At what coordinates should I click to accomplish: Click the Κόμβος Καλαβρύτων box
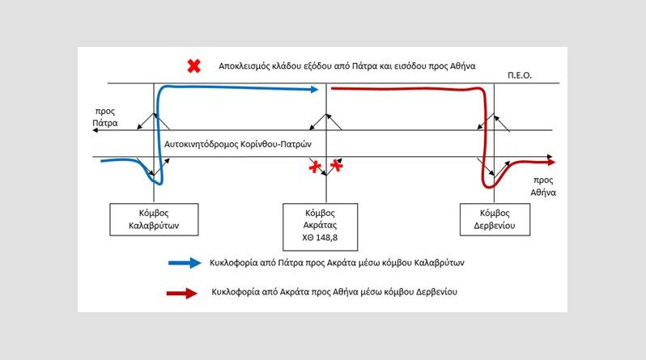[154, 219]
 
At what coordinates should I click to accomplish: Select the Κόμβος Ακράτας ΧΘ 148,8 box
[320, 227]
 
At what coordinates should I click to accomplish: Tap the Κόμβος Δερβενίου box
[495, 219]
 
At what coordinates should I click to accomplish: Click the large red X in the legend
[194, 66]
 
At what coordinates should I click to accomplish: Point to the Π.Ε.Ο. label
[520, 75]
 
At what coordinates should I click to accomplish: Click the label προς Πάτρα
[105, 117]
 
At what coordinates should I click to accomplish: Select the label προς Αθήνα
[543, 186]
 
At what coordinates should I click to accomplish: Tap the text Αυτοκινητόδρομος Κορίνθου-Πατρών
[238, 144]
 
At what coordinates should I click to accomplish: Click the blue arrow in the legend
[185, 263]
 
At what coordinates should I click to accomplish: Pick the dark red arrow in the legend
[182, 293]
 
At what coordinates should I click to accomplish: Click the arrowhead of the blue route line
[314, 89]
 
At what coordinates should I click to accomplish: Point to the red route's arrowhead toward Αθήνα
[551, 163]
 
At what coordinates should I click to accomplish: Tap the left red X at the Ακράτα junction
[315, 167]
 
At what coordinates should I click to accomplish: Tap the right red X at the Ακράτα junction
[337, 165]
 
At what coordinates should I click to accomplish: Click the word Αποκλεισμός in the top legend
[244, 66]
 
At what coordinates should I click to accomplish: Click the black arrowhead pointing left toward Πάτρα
[96, 130]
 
